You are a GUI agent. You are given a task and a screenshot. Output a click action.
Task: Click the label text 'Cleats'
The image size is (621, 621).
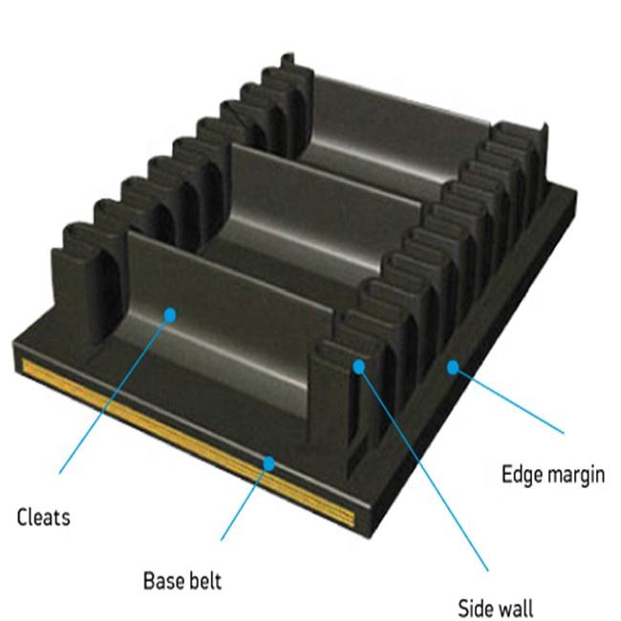click(x=44, y=518)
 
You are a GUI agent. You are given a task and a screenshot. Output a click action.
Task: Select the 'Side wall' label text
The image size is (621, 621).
click(x=496, y=608)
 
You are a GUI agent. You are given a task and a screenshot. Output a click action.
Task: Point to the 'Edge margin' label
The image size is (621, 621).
click(x=553, y=474)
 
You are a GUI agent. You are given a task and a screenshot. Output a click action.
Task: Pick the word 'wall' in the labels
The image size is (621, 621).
click(x=517, y=608)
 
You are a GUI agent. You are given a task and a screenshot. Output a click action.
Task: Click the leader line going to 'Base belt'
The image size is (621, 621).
click(x=246, y=501)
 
